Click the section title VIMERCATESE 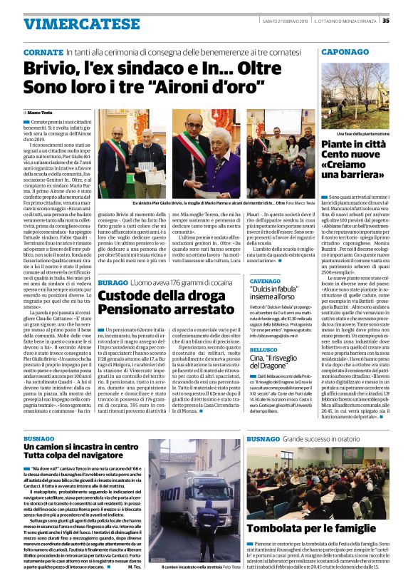71,24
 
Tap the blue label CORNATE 43,53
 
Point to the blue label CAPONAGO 349,53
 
